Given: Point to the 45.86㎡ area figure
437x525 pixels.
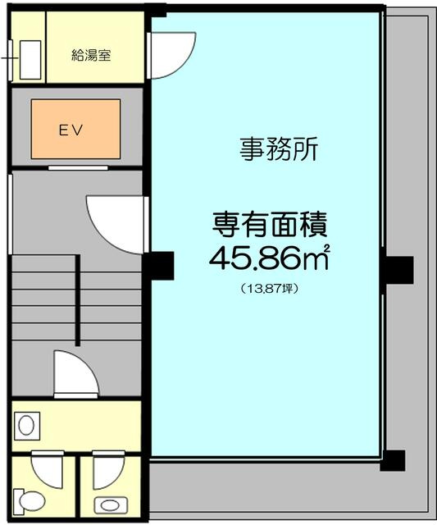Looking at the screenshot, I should (269, 258).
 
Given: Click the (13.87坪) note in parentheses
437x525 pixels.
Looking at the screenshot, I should (269, 289).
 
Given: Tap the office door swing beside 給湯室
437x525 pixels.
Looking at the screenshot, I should (173, 55).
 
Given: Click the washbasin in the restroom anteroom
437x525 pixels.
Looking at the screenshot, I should (26, 427).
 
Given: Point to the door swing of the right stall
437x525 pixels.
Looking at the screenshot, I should (107, 470).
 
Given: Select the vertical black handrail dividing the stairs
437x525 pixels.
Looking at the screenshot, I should (79, 299).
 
